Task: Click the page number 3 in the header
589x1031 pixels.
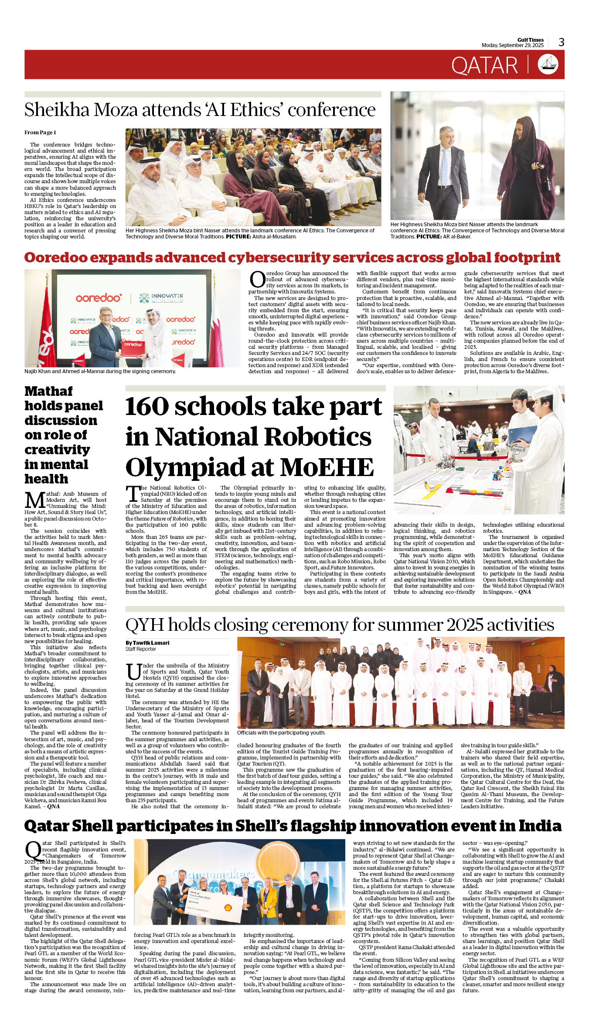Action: click(x=561, y=42)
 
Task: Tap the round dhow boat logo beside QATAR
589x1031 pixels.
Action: click(x=548, y=65)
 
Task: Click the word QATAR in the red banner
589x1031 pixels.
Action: click(x=484, y=66)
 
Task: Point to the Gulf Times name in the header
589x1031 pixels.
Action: click(x=531, y=40)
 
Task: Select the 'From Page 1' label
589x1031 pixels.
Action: click(x=40, y=133)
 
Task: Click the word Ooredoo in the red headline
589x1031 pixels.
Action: click(x=56, y=258)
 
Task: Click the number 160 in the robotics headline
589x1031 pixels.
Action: click(x=147, y=407)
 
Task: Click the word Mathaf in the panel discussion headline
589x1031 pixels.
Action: click(x=48, y=391)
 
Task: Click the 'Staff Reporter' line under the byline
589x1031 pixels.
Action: click(x=140, y=649)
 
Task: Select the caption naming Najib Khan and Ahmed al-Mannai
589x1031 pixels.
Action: click(x=100, y=371)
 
